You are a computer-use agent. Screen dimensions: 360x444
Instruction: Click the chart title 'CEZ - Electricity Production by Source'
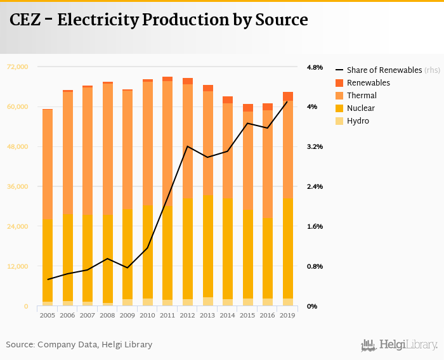click(159, 20)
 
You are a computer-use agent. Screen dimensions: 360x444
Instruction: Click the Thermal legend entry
click(362, 96)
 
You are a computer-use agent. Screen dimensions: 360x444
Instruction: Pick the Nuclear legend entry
click(361, 108)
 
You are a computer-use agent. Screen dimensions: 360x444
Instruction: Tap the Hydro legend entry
click(358, 121)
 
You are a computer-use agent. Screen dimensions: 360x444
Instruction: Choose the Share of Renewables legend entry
click(384, 70)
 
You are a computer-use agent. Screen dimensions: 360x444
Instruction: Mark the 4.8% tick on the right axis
click(315, 67)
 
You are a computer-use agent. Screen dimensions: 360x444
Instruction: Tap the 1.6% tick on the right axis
click(315, 226)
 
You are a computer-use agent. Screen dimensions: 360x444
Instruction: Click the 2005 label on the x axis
click(47, 315)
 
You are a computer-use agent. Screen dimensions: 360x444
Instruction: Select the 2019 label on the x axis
click(287, 315)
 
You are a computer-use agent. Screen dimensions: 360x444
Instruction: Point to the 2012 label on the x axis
click(187, 315)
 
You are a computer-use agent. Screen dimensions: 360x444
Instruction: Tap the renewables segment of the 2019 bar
click(287, 96)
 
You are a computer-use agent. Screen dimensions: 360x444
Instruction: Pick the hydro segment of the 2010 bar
click(148, 302)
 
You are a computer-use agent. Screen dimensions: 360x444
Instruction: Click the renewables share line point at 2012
click(187, 146)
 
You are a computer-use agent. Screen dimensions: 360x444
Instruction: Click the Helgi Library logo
click(400, 345)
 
